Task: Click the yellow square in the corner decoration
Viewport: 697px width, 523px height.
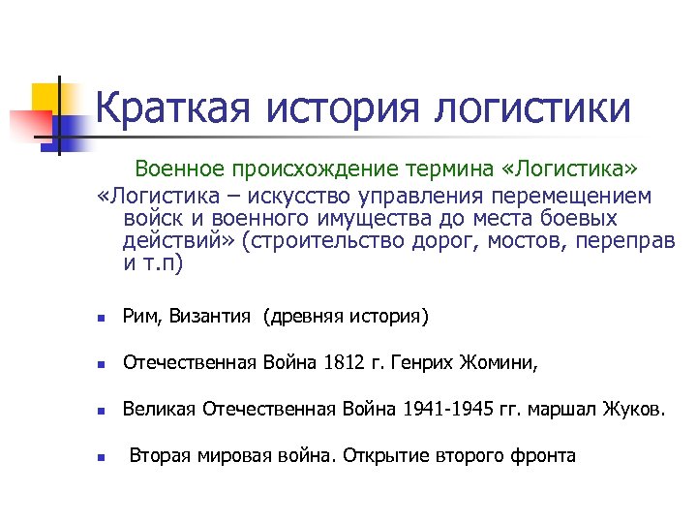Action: click(45, 98)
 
